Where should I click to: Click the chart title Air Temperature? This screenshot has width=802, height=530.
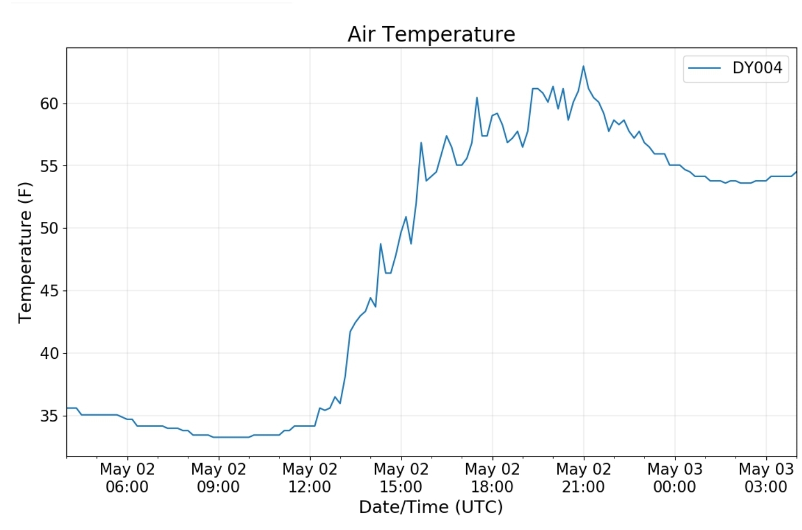tap(431, 35)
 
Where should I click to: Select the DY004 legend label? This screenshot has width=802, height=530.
tap(757, 68)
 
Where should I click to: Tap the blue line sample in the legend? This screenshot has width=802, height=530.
tap(705, 68)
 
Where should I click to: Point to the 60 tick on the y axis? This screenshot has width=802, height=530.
tap(49, 104)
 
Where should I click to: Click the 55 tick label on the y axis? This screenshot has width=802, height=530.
tap(49, 166)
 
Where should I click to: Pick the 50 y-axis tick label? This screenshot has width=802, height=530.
tap(49, 228)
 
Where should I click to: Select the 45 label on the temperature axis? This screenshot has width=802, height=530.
tap(49, 291)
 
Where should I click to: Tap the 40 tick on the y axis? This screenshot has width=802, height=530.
tap(49, 353)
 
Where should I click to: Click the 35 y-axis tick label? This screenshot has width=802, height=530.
tap(49, 416)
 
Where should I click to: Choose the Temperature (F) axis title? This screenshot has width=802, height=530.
tap(25, 252)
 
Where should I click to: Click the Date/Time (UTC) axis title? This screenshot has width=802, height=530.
tap(431, 507)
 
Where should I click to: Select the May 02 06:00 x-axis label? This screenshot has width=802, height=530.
tap(127, 478)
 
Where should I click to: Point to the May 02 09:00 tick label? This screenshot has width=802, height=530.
tap(218, 478)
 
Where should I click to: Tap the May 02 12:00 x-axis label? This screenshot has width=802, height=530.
tap(310, 478)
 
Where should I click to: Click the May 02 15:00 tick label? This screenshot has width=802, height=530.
tap(401, 478)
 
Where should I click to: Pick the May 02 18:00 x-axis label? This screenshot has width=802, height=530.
tap(492, 478)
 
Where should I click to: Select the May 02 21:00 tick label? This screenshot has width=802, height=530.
tap(584, 478)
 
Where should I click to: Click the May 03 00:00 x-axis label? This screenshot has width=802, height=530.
tap(674, 478)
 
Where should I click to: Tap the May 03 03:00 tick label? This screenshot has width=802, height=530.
tap(766, 478)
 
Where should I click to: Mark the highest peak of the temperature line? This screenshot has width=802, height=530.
tap(583, 66)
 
